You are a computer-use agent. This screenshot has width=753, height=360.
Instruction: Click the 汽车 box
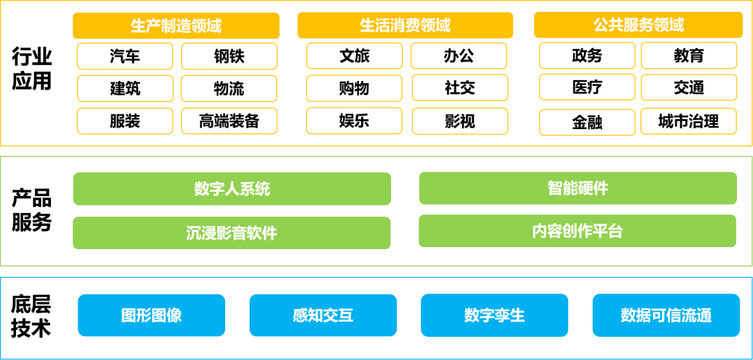(125, 57)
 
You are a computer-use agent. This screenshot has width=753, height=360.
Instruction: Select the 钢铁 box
(229, 57)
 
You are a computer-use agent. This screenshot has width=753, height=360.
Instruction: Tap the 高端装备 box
(229, 121)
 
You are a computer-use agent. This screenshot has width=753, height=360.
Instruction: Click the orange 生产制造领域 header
(176, 26)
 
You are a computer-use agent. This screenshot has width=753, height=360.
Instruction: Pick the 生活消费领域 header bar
(405, 25)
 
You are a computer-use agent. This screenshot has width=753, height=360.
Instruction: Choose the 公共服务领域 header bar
(639, 24)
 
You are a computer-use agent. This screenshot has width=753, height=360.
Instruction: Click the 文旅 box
(354, 56)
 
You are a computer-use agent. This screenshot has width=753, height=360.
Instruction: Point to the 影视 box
(459, 121)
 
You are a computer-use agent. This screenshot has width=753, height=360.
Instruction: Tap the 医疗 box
(587, 87)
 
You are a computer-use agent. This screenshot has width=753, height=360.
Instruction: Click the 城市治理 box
(689, 121)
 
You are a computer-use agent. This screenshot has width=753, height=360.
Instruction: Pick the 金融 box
(587, 123)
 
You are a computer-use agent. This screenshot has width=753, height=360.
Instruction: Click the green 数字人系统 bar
(232, 189)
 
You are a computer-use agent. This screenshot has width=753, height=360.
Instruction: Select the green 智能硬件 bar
(578, 188)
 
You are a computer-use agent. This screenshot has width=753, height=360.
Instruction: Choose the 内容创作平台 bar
(577, 231)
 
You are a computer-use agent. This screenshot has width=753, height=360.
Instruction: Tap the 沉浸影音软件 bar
(231, 232)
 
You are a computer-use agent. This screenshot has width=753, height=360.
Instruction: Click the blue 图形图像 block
(151, 315)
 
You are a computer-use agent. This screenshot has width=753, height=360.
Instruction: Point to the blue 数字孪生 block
(494, 315)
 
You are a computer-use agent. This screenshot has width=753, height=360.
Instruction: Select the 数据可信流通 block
(666, 315)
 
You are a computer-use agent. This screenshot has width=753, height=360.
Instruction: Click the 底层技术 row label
(31, 317)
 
